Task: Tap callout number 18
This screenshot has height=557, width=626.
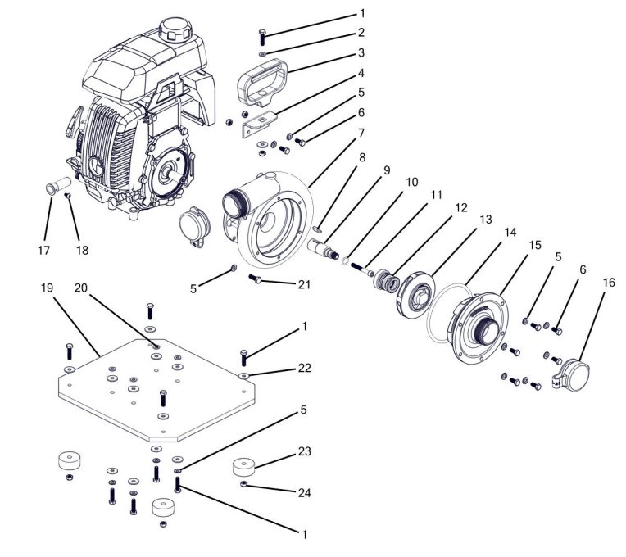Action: pos(82,249)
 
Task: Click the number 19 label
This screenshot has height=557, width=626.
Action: pos(48,289)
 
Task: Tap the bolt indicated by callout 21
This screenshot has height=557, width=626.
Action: pos(256,280)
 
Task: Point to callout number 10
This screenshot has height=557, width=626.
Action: pos(411,180)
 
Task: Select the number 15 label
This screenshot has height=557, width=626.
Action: pos(534,246)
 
